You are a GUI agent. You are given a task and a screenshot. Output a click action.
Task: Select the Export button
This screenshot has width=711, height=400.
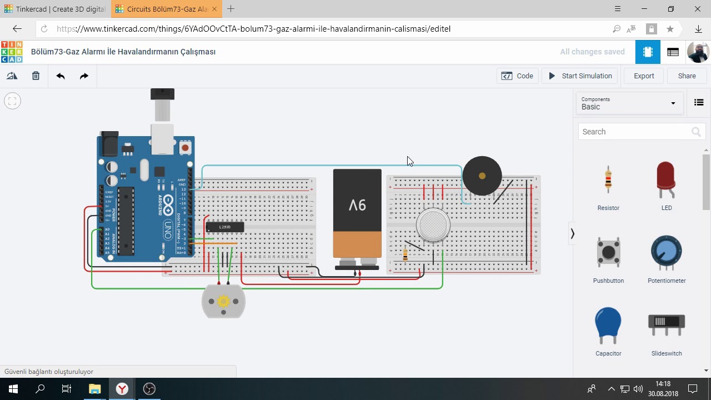[x=644, y=76]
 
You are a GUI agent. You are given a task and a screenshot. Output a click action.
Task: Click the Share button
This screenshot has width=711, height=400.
[x=687, y=76]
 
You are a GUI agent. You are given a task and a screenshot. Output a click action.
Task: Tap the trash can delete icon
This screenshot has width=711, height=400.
[x=36, y=76]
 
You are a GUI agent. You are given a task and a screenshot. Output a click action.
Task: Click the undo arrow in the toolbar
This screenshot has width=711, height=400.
[x=61, y=76]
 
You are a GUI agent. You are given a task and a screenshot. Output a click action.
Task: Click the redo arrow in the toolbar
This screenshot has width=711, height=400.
[x=84, y=76]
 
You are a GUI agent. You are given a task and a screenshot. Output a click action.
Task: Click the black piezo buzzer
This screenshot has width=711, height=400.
[x=482, y=176]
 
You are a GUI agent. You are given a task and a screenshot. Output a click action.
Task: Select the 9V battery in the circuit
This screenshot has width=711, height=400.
[x=357, y=217]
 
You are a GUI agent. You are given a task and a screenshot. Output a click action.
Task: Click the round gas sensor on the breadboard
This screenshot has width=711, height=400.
[x=433, y=225]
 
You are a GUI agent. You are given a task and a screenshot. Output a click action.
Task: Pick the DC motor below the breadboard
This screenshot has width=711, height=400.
[x=223, y=302]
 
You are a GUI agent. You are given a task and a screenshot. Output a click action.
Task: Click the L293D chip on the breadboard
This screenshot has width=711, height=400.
[x=224, y=227]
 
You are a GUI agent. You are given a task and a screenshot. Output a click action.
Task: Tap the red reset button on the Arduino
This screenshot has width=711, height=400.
[x=185, y=148]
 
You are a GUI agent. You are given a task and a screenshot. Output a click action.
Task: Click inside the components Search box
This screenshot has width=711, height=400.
[x=633, y=132]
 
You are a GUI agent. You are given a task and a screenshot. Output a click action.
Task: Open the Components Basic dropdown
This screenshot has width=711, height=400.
[x=628, y=103]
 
